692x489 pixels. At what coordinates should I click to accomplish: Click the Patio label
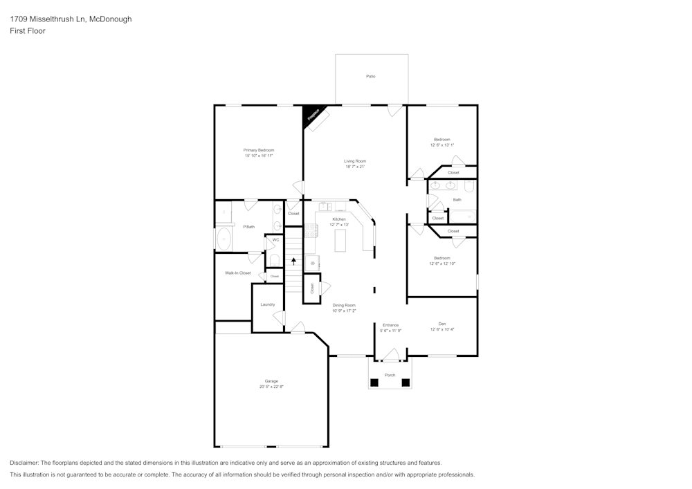371,76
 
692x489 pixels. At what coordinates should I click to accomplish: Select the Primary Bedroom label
258,150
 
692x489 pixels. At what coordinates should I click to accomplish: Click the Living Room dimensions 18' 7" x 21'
354,167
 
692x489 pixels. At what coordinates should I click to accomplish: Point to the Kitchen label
338,219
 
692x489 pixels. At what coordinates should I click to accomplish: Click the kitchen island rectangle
340,241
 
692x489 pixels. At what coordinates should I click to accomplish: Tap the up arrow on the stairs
294,261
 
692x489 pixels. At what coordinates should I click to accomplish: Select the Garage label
271,381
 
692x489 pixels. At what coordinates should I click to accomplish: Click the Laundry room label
268,304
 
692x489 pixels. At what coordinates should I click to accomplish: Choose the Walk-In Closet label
237,273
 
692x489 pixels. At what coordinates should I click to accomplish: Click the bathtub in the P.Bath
224,239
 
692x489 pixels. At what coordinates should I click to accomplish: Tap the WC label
275,240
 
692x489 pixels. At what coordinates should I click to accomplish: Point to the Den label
441,323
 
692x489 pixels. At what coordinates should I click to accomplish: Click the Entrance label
390,325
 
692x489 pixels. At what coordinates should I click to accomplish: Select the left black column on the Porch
374,382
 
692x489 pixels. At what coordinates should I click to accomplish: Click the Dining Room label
344,305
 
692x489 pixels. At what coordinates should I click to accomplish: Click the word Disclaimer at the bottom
24,463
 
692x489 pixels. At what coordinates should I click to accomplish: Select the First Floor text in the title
28,31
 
